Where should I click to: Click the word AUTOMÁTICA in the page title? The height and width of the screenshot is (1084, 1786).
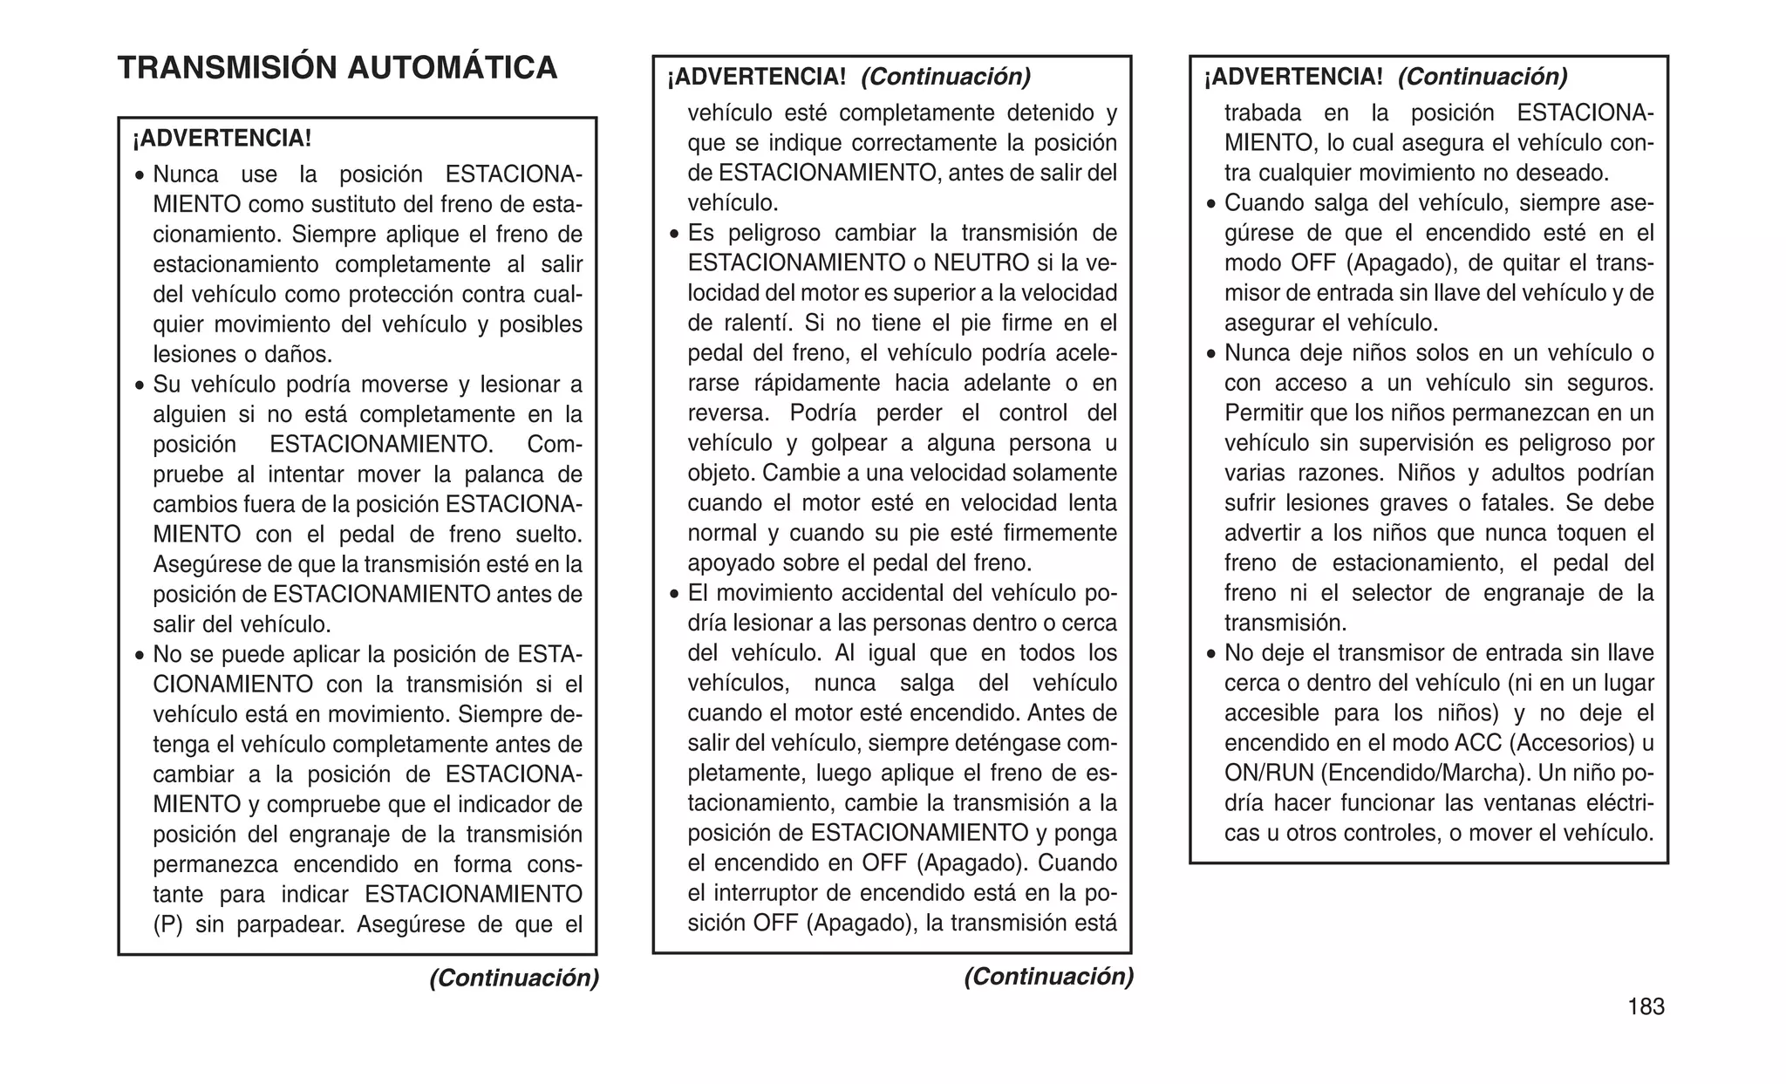[452, 68]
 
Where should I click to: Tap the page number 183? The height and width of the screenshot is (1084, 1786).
[1646, 1007]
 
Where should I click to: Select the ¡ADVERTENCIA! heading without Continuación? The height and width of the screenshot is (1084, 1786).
[222, 139]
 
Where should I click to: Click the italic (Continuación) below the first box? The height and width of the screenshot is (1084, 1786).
[514, 978]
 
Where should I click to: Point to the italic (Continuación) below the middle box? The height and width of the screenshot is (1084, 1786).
[1048, 977]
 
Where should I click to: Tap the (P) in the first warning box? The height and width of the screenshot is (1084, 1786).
[167, 924]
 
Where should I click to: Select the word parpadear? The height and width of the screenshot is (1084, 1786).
[289, 924]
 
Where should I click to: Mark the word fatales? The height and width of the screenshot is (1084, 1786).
[1519, 503]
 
